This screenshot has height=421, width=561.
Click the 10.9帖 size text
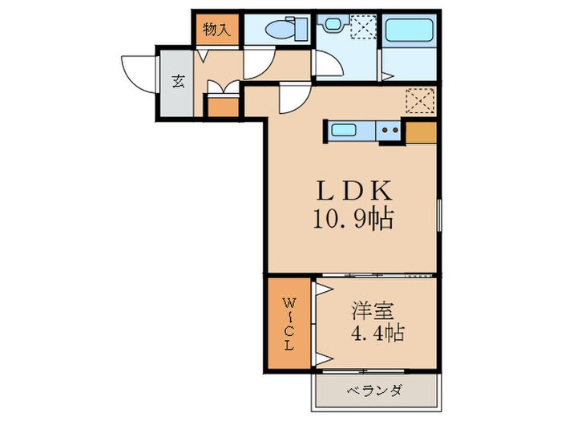coord(355,218)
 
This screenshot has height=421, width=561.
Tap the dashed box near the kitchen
coord(419,101)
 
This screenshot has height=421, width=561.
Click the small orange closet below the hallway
coord(223,106)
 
